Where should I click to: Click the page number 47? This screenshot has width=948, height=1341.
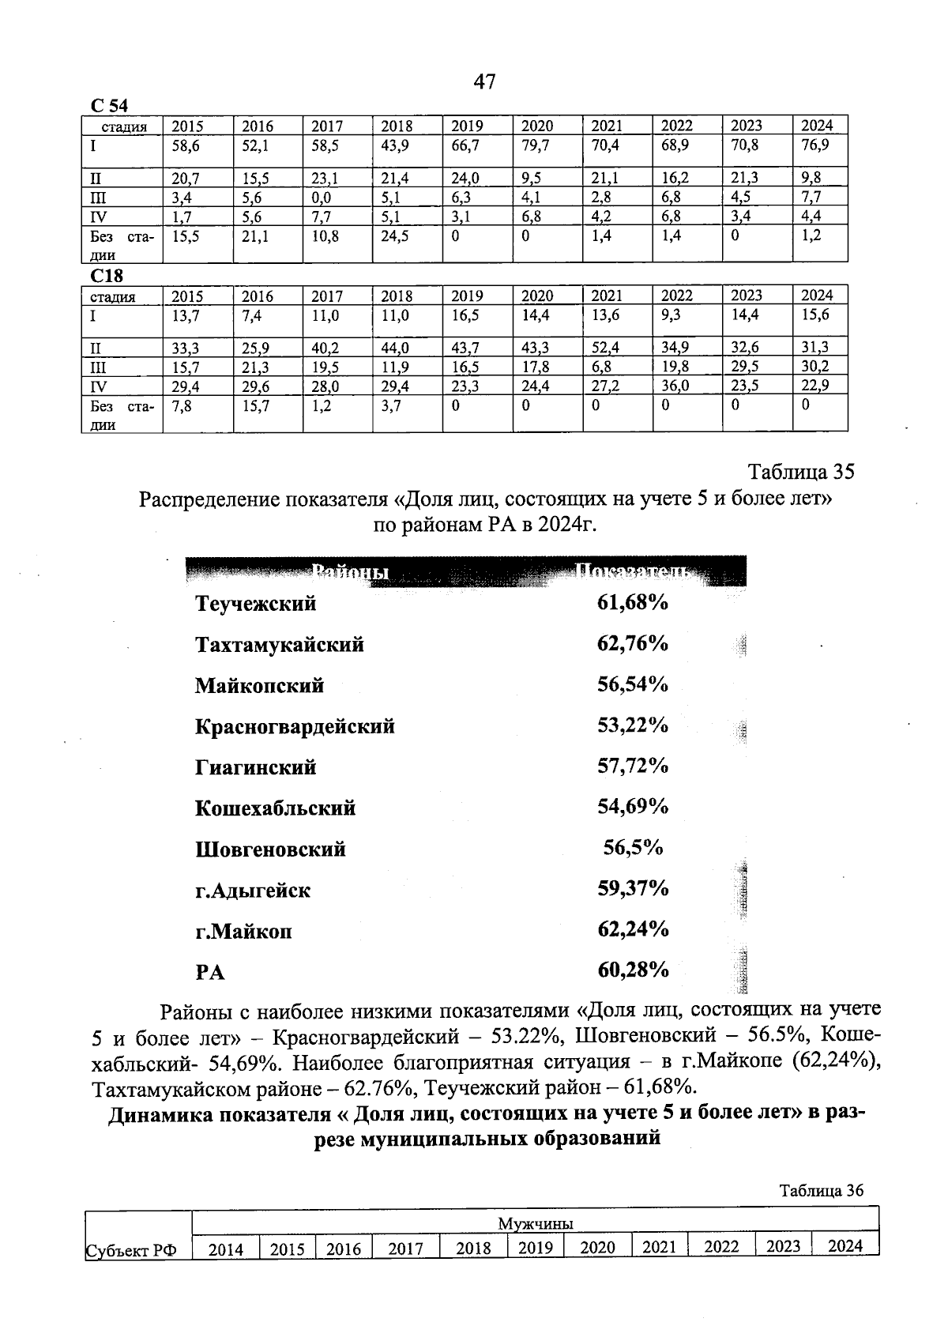484,82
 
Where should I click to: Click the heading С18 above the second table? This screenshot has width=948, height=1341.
107,276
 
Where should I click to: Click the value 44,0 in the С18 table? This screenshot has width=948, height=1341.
395,348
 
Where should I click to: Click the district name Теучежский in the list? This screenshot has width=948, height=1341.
255,604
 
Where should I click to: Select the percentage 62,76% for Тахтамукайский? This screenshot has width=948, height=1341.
633,644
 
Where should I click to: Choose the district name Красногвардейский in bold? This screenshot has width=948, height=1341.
295,726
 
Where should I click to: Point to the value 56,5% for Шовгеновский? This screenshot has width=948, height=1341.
633,849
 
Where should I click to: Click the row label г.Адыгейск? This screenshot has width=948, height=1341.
253,891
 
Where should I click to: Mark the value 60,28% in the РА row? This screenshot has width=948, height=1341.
633,970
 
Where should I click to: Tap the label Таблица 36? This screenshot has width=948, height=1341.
822,1191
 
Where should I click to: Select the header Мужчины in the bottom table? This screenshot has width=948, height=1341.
535,1224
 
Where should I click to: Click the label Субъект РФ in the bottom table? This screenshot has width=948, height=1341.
130,1250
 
